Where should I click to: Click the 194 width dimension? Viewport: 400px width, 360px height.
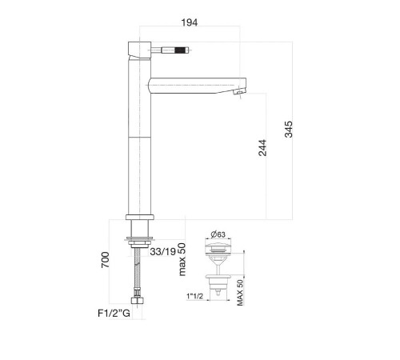(x=190, y=22)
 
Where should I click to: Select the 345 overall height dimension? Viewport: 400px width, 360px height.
(x=289, y=130)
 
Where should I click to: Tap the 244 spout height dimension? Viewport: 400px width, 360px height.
(x=262, y=147)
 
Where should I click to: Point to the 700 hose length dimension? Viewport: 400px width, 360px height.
(x=105, y=260)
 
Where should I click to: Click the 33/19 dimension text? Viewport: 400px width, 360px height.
(x=162, y=251)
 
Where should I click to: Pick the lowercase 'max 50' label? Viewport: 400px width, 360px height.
(x=182, y=259)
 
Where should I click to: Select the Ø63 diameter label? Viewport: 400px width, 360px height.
(x=218, y=234)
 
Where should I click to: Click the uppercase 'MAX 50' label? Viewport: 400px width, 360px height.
(x=240, y=293)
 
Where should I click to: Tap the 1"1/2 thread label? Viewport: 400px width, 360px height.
(x=194, y=296)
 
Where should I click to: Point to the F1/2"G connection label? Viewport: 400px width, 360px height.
(x=114, y=313)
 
